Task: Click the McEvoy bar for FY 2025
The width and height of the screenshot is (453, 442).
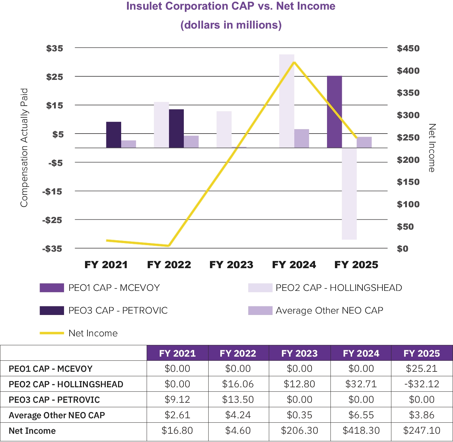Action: pos(334,112)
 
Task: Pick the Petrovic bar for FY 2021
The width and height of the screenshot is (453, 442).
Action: pos(114,135)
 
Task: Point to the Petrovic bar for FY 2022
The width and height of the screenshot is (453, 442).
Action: pos(176,129)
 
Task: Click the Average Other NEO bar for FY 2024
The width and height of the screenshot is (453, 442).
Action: pos(302,138)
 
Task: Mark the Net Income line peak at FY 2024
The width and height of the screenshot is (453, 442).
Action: pos(294,62)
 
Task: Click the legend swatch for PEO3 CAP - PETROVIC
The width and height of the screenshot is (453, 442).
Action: pos(52,311)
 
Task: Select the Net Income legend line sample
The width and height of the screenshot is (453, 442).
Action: pos(52,333)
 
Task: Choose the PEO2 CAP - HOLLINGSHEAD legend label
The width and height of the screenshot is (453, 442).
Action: pos(339,288)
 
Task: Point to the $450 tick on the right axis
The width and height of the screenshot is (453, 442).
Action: pos(408,49)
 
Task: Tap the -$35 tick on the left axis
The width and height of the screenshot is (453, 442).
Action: pos(52,249)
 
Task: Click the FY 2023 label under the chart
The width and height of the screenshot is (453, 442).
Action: pos(231,265)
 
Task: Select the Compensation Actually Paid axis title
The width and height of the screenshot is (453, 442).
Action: pos(24,148)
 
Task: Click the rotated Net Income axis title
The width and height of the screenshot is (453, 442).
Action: pos(432,148)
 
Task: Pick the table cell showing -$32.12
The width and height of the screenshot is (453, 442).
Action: pos(422,384)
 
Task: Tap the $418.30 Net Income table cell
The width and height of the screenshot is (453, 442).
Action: pos(361,431)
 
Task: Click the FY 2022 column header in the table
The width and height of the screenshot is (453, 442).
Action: pos(238,354)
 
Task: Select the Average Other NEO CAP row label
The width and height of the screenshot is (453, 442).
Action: pos(57,415)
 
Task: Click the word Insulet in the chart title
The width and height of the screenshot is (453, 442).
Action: pos(144,6)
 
